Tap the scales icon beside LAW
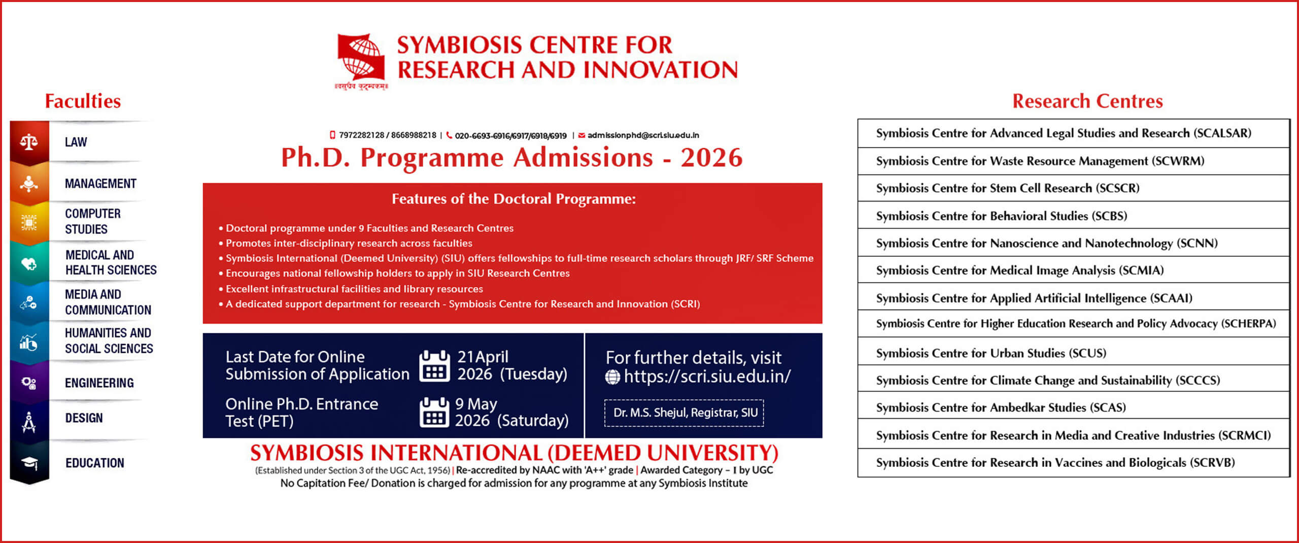coord(29,142)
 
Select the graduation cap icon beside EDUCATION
coord(29,463)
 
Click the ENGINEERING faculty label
coord(99,383)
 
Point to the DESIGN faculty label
coord(84,418)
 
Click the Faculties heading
coord(83,101)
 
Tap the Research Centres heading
coord(1087,101)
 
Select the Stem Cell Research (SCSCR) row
coord(1073,188)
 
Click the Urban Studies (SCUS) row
coord(1073,353)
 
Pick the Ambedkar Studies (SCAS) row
coord(1073,408)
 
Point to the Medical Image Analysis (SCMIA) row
coord(1073,270)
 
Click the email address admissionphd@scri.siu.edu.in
coord(643,135)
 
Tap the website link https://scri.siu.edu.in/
coord(707,377)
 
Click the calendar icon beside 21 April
coord(434,365)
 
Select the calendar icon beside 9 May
coord(434,412)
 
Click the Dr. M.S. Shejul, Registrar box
coord(684,413)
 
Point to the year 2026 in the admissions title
coord(711,158)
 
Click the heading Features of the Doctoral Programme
coord(514,199)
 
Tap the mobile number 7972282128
coord(362,135)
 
